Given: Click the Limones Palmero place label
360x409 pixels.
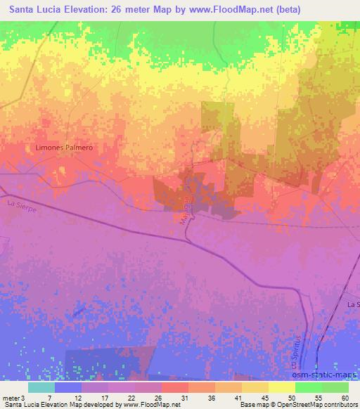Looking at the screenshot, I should coord(64,148).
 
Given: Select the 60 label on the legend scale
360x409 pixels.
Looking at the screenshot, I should coord(344,398).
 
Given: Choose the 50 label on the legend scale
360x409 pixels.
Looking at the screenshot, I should coord(290,398).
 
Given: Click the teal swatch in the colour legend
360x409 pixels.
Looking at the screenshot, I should coord(41,387).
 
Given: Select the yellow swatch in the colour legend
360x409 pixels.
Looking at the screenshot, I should coord(281,387).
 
